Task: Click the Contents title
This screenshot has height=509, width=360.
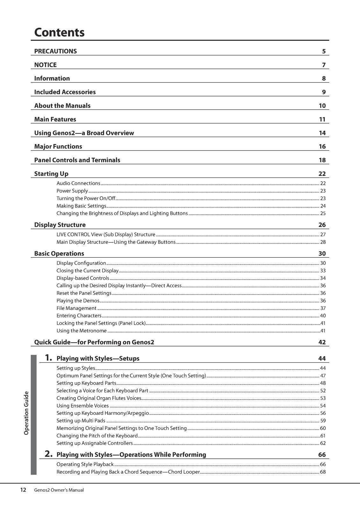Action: tap(59, 32)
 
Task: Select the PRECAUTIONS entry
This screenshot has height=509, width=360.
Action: tap(55, 51)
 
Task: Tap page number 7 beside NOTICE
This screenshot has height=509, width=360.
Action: tap(323, 65)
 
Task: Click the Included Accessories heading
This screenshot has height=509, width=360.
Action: tap(65, 92)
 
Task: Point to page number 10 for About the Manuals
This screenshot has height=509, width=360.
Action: tap(322, 106)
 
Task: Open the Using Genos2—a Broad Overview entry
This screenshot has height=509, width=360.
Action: tap(84, 133)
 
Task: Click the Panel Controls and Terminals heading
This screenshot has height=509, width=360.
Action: tap(77, 160)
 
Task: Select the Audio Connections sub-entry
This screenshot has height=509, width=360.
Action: tap(78, 183)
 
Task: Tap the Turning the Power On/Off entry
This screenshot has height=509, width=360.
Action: tap(86, 198)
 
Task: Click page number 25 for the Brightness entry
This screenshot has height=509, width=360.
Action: tap(322, 213)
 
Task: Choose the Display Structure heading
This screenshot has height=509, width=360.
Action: tap(60, 225)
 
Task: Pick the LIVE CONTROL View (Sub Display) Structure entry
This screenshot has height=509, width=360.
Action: tap(106, 234)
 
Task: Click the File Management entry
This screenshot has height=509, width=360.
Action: tap(76, 308)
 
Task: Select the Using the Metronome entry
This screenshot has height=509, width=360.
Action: tap(81, 331)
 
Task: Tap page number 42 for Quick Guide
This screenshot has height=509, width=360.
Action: tap(322, 342)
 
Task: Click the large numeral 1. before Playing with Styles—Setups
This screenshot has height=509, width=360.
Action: tap(48, 358)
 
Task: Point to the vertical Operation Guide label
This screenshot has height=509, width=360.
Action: tap(26, 413)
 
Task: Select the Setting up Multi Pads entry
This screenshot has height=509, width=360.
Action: tap(81, 421)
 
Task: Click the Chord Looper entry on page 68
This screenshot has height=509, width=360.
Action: tap(128, 472)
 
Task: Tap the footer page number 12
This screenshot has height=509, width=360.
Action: tap(23, 490)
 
